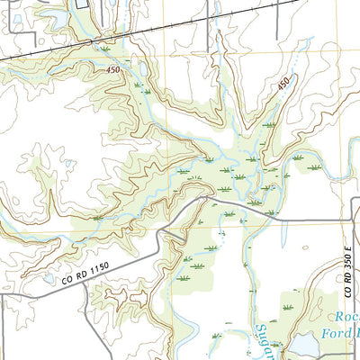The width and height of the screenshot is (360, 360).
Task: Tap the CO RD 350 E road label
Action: [348, 261]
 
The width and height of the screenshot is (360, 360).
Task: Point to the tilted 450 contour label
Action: [284, 84]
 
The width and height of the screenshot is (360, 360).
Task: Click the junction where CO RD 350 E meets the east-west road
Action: [351, 220]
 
